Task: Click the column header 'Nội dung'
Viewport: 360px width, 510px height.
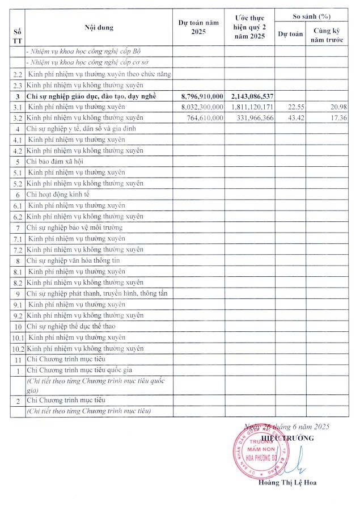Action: pyautogui.click(x=99, y=27)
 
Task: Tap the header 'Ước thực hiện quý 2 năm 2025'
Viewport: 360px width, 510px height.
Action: pyautogui.click(x=249, y=27)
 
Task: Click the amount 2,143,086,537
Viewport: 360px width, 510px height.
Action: pyautogui.click(x=253, y=96)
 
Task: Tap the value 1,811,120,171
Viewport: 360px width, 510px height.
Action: pyautogui.click(x=253, y=107)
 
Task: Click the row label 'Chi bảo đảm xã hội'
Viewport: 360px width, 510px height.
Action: pyautogui.click(x=54, y=161)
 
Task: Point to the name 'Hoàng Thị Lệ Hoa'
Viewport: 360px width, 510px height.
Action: pyautogui.click(x=287, y=483)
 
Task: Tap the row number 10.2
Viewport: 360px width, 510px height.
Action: pyautogui.click(x=18, y=348)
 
